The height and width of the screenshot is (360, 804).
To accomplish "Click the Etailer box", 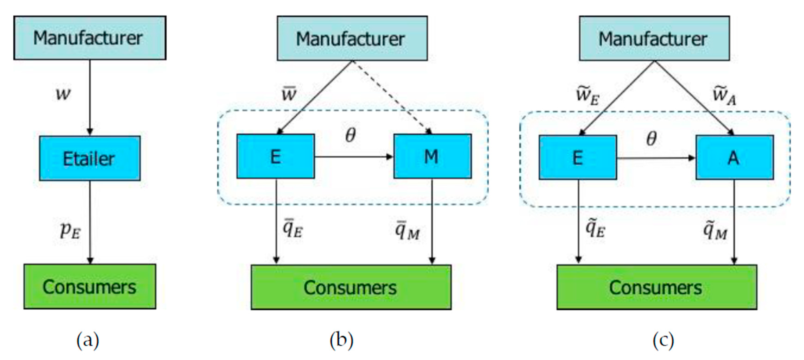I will [x=90, y=158].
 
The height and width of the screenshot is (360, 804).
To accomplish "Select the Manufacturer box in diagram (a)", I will [x=90, y=38].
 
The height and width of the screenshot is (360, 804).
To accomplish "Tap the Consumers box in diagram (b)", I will [x=351, y=287].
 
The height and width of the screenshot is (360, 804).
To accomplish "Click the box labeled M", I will [x=432, y=156].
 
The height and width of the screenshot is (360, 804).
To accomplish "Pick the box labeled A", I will [x=734, y=157].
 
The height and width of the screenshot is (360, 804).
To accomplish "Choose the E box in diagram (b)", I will [x=275, y=156].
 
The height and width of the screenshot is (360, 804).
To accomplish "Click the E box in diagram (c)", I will [x=577, y=157].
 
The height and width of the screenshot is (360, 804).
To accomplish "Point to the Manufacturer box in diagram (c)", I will [x=654, y=38].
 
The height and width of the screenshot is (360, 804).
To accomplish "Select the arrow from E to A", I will [x=656, y=158].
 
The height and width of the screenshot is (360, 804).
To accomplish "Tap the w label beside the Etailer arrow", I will [x=63, y=93].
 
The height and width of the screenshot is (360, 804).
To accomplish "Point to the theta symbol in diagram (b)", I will [x=350, y=135].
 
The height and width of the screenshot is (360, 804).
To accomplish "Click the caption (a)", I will [x=88, y=340].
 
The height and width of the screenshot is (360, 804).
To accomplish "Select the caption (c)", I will [x=663, y=340].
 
